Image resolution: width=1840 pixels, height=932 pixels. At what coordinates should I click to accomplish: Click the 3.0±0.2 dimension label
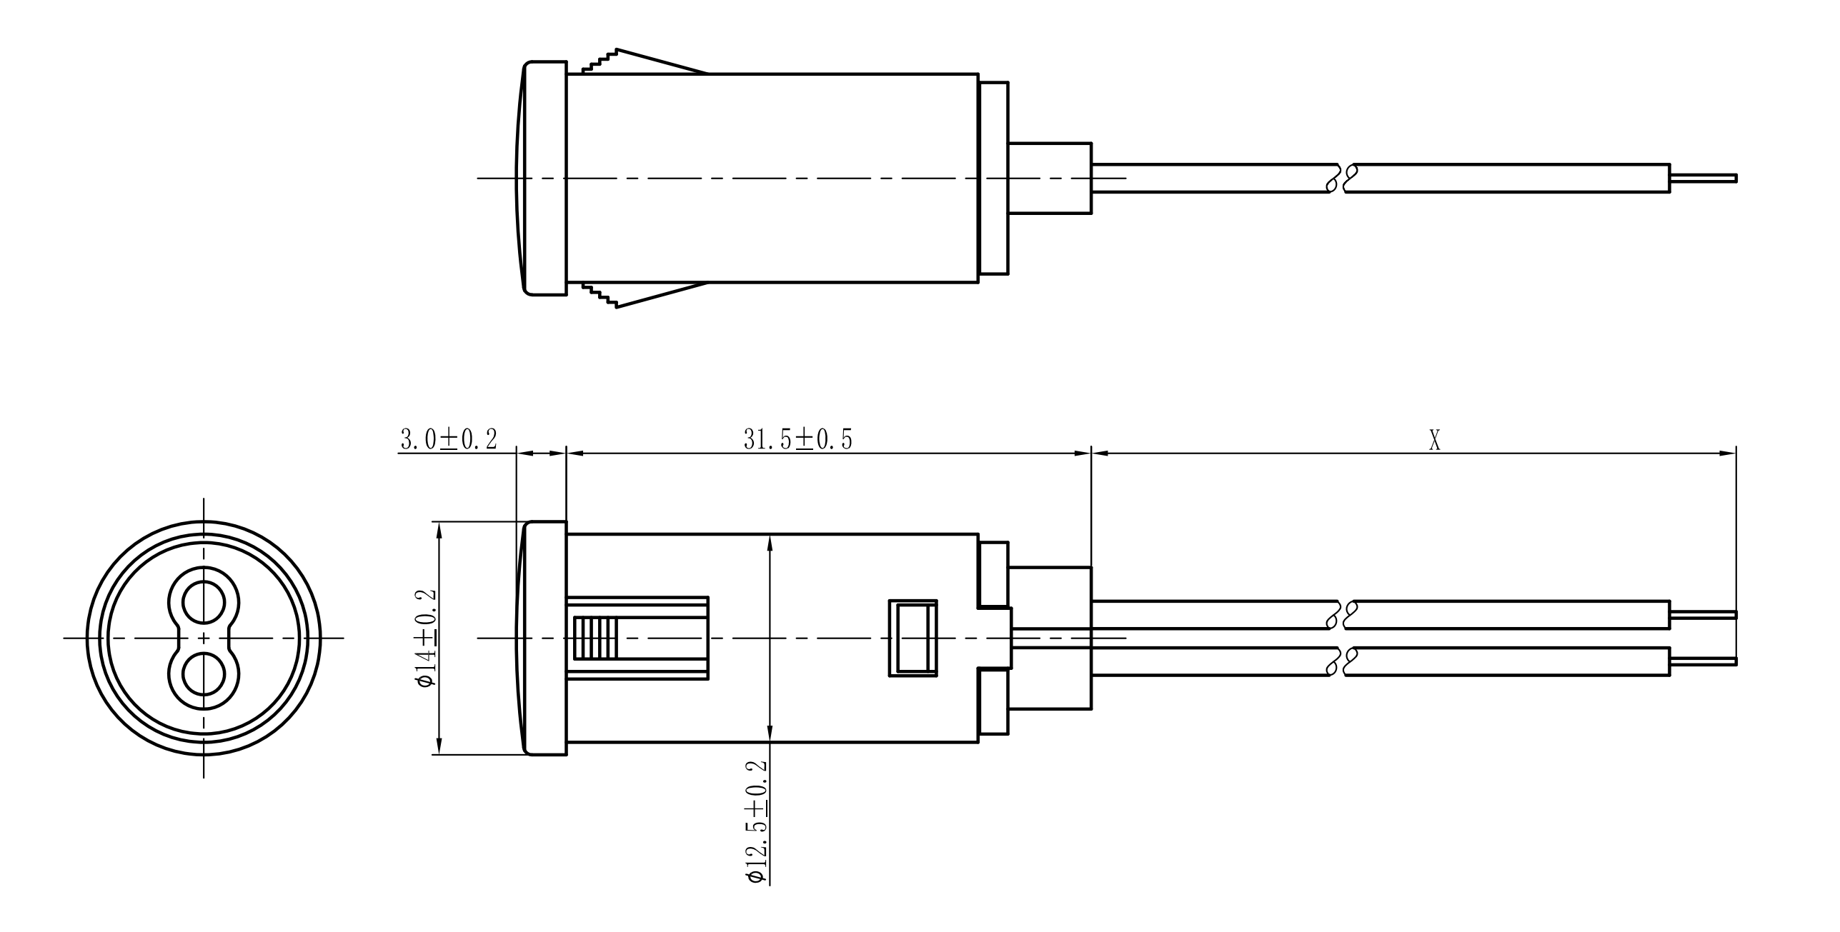[x=448, y=440]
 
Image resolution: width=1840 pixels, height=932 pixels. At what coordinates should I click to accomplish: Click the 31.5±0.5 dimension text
[x=798, y=440]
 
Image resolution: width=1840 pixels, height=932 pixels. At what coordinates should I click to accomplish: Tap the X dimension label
[x=1434, y=441]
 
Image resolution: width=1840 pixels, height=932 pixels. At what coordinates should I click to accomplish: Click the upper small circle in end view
[x=204, y=603]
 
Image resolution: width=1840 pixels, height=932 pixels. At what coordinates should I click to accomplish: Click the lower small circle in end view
[x=204, y=673]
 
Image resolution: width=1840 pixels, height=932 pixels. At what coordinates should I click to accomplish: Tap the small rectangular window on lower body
[x=912, y=637]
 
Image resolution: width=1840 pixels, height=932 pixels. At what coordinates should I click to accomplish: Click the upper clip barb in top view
[x=645, y=61]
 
